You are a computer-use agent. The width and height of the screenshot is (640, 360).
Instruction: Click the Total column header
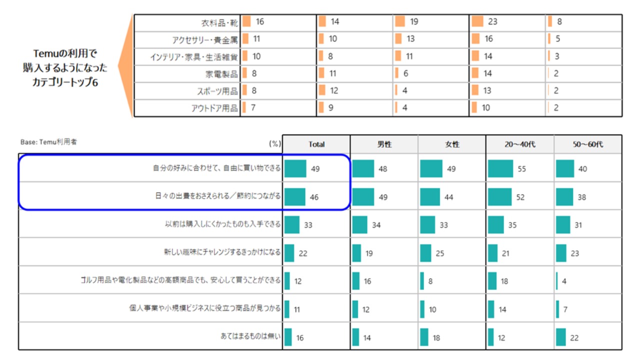pos(316,144)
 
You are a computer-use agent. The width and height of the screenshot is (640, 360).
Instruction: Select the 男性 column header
pos(384,144)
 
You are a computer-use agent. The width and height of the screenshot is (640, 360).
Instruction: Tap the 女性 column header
pos(452,144)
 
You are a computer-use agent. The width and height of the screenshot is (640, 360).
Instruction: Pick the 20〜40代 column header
pos(520,144)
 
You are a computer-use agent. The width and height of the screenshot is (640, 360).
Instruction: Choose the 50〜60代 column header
pos(588,144)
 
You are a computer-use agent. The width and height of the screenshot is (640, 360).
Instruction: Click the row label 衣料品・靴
pos(219,23)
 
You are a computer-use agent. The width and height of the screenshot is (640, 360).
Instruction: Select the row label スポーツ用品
pos(217,91)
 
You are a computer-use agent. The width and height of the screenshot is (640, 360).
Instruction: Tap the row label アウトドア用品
pos(214,108)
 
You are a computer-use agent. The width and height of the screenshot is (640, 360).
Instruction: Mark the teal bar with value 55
pos(500,169)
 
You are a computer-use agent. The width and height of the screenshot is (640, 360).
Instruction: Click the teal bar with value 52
pos(499,197)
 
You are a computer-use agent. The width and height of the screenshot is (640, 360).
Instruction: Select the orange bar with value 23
pos(477,22)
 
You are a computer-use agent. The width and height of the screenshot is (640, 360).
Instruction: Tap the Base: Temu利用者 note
pos(48,142)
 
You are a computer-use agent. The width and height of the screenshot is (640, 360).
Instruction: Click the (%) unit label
pos(275,144)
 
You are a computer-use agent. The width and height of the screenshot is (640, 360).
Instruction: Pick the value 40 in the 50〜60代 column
pos(582,169)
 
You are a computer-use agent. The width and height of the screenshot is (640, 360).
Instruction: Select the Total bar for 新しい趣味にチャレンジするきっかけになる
pos(289,253)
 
